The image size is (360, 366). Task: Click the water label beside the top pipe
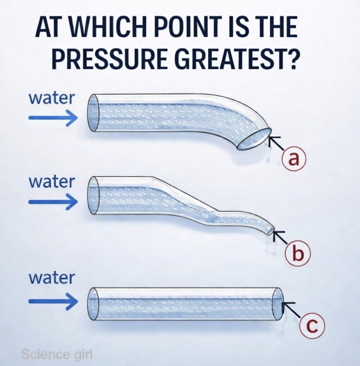[x=51, y=99]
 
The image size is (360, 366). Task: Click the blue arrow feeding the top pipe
[x=53, y=118]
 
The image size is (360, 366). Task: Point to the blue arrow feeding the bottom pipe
[x=53, y=301]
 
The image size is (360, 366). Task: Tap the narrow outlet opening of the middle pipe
[x=271, y=230]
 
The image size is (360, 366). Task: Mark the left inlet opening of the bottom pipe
[x=93, y=304]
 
